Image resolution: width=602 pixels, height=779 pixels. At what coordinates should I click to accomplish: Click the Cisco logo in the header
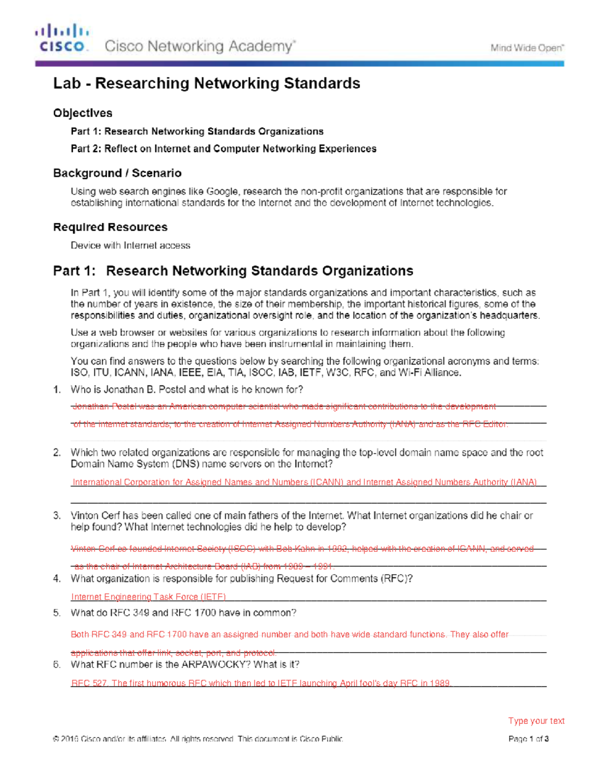click(x=62, y=38)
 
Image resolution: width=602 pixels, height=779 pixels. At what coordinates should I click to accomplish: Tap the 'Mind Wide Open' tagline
click(x=527, y=48)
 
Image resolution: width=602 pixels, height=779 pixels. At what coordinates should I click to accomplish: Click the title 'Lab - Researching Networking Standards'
click(x=207, y=83)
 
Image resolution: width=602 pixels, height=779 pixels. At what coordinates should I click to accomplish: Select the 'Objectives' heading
click(x=83, y=113)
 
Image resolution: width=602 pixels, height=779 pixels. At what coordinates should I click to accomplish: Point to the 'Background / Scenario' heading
click(x=117, y=173)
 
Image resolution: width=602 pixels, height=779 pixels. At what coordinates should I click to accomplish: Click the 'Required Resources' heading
click(x=110, y=227)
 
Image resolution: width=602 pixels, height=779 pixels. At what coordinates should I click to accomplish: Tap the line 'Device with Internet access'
click(x=130, y=245)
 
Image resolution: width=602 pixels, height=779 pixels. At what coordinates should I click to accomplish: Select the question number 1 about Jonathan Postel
click(x=57, y=390)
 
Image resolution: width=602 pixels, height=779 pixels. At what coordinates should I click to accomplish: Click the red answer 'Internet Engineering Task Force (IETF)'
click(x=148, y=597)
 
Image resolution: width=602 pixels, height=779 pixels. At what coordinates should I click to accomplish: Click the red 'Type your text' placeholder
click(x=536, y=721)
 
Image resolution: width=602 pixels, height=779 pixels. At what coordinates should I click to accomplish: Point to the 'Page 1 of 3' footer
click(x=528, y=739)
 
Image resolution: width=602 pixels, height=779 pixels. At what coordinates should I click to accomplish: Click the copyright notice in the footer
click(x=198, y=739)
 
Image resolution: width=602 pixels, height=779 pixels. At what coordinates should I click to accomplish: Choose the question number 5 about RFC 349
click(x=57, y=613)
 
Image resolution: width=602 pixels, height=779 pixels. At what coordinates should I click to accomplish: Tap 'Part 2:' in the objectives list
click(x=86, y=149)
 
